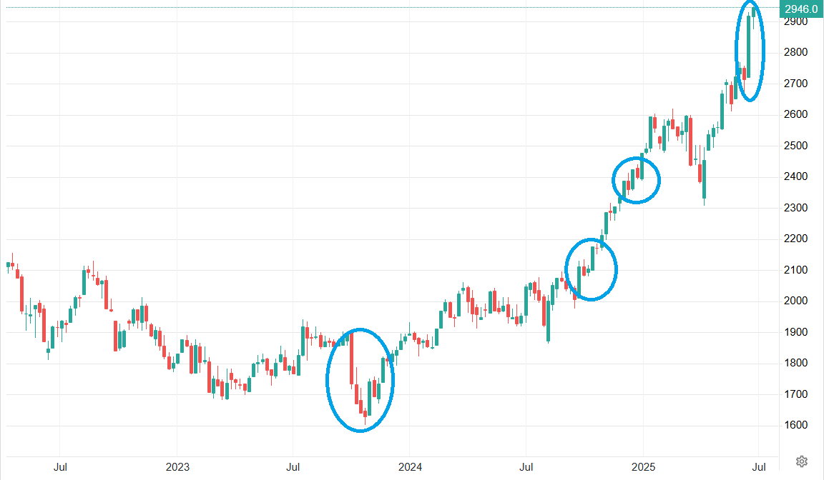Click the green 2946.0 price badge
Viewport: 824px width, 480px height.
pos(800,9)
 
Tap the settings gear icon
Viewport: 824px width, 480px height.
pos(802,460)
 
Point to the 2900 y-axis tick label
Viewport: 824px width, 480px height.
pos(796,21)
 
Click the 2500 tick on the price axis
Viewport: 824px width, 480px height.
pos(796,146)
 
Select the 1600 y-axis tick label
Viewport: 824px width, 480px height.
pos(796,425)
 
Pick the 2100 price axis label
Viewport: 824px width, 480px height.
pos(796,270)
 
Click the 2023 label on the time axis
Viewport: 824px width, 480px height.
pos(177,467)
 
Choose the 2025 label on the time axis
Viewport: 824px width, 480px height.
pos(642,467)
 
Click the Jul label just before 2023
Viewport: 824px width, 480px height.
pos(61,467)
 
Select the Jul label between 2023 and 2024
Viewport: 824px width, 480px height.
pos(293,467)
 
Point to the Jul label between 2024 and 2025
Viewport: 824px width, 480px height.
pos(526,467)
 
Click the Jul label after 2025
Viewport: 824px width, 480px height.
pos(760,467)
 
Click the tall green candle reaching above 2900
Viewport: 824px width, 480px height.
pos(749,46)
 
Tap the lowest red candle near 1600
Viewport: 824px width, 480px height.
pos(366,414)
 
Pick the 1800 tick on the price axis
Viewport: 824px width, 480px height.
pos(796,363)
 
